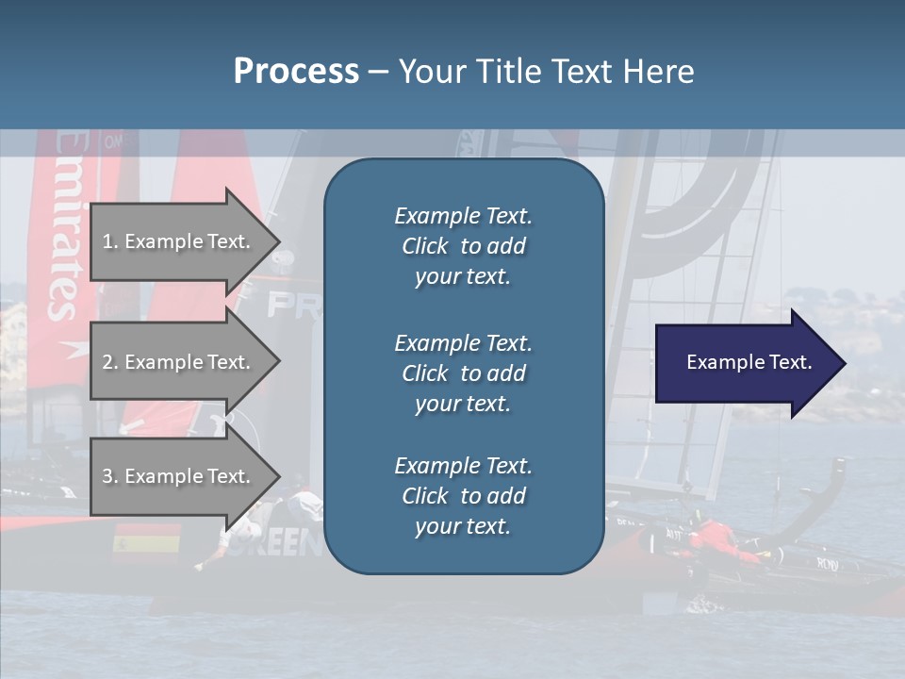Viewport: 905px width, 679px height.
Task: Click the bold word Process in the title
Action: pos(296,72)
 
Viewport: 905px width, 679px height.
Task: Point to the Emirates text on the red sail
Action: pos(67,226)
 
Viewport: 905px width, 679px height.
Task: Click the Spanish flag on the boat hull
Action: pos(146,543)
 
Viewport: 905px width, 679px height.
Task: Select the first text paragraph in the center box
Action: pos(463,246)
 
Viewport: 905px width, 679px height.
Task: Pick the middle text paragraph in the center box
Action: pos(463,373)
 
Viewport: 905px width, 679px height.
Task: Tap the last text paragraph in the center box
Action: pos(463,496)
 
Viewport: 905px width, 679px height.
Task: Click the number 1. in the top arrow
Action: pos(109,241)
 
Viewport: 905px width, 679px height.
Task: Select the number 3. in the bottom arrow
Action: pos(109,476)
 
